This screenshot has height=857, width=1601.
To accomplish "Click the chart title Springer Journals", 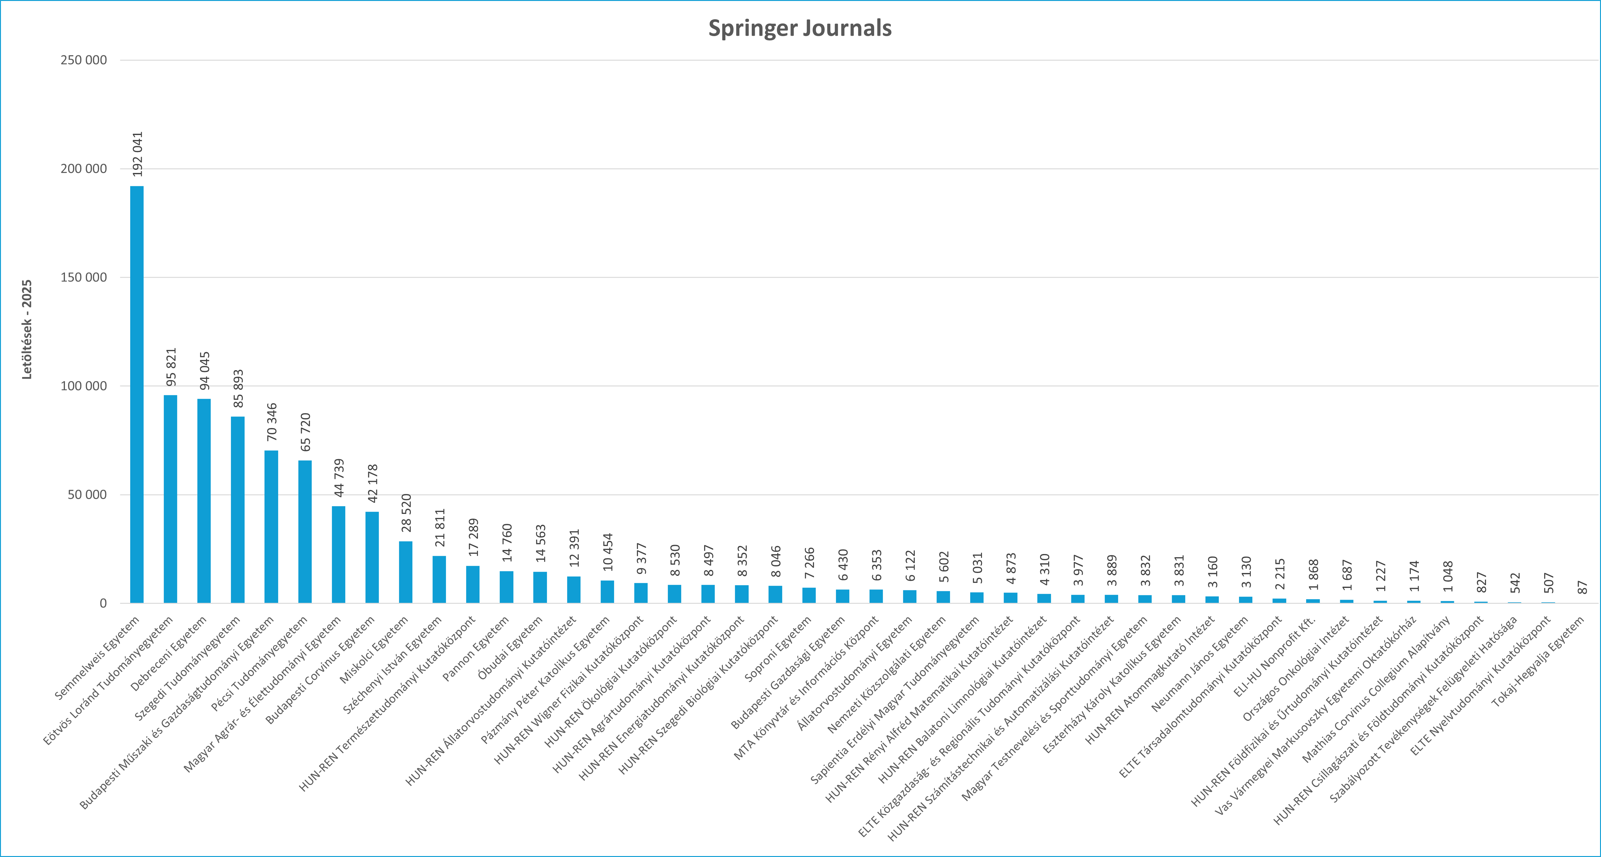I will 800,28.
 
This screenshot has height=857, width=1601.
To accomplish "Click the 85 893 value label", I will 238,389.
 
